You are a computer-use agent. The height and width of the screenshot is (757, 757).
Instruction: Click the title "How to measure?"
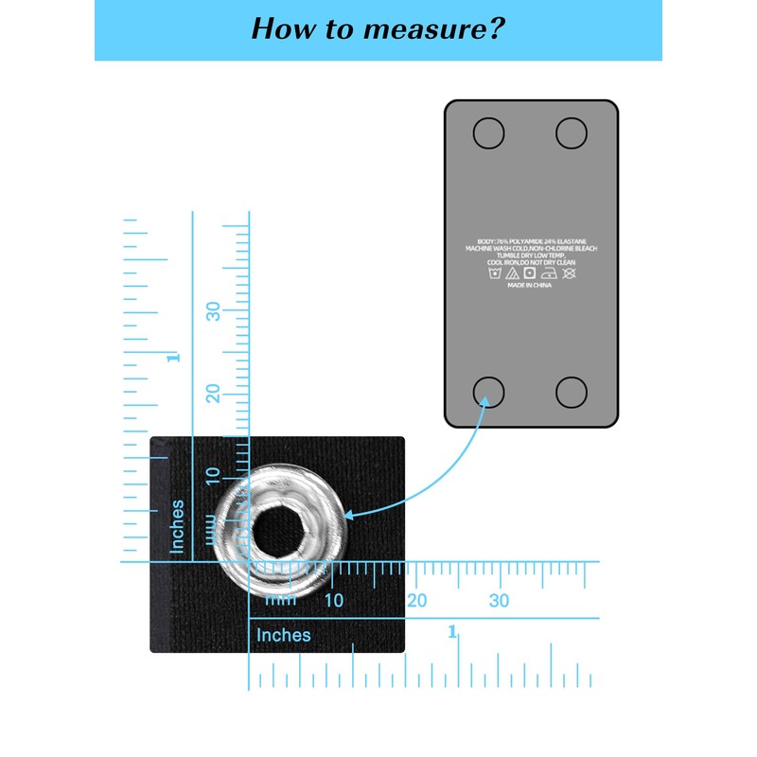coord(378,28)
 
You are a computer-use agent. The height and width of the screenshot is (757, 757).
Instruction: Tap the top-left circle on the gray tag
coord(488,133)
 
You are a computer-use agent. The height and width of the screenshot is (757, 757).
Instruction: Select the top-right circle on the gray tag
coord(572,133)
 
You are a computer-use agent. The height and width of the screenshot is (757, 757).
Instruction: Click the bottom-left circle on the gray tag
coord(488,391)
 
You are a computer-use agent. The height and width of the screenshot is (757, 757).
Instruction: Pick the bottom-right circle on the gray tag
coord(572,391)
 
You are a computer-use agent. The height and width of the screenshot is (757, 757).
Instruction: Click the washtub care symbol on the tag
coord(493,273)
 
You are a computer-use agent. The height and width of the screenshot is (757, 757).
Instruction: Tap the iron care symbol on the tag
coord(549,273)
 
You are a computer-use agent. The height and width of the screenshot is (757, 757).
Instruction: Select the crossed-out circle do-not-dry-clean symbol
coord(568,273)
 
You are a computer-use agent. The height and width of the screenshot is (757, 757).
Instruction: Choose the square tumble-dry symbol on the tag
coord(530,273)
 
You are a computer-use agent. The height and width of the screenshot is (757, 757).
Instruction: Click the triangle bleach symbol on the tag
coord(512,273)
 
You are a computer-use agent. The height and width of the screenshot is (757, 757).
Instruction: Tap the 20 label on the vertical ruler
coord(215,393)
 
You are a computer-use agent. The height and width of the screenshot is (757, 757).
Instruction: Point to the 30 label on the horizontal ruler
coord(499,601)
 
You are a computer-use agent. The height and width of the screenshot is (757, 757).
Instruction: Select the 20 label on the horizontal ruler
coord(416,601)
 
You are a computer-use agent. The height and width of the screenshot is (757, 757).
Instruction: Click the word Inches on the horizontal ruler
coord(283,635)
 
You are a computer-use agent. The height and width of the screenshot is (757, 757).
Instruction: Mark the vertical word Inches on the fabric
coord(177,526)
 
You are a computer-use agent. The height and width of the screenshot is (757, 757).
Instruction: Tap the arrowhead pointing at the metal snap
coord(347,516)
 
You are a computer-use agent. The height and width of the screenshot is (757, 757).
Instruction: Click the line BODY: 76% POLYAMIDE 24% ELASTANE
coord(529,241)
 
